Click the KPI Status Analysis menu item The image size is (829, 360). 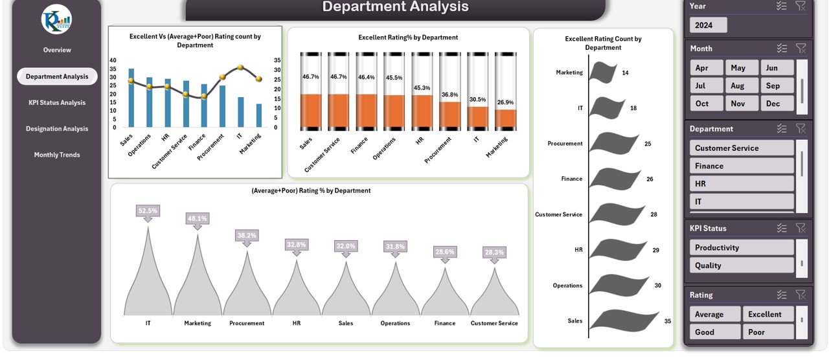tap(57, 102)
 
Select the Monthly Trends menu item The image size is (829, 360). tap(57, 155)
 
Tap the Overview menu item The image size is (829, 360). tap(57, 50)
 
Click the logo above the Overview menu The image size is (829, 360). tap(56, 19)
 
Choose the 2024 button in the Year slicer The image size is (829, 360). tap(708, 25)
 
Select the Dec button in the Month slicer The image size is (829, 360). tap(777, 104)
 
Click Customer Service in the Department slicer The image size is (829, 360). tap(741, 148)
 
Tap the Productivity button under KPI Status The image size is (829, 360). tap(741, 247)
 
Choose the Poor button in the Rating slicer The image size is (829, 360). tap(767, 332)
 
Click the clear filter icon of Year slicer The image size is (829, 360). tap(801, 6)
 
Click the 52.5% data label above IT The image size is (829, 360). tap(148, 211)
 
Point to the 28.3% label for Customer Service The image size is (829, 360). tap(494, 252)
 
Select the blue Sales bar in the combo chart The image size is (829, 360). tap(131, 97)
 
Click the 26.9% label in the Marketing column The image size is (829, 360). tap(505, 102)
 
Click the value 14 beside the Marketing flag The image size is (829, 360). tap(625, 73)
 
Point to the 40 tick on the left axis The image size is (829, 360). tap(113, 60)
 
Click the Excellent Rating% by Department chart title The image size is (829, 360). tap(408, 38)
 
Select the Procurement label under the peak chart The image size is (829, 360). tap(247, 323)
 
